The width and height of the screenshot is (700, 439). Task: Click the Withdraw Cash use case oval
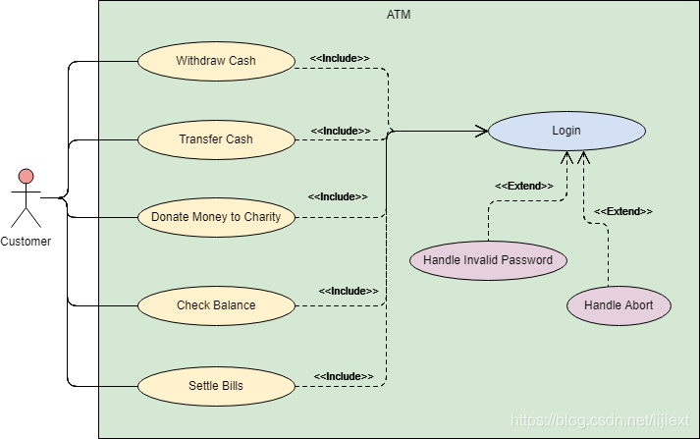(216, 61)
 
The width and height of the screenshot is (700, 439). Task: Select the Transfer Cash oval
(216, 139)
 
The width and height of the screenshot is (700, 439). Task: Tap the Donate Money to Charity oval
(216, 217)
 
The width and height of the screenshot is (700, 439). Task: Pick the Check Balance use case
(216, 305)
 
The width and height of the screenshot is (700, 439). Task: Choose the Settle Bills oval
(216, 386)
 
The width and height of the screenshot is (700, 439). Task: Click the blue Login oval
(566, 131)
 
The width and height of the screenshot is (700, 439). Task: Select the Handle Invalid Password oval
(488, 260)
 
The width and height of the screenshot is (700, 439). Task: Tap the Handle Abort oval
(619, 305)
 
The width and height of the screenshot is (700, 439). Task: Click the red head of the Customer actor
(26, 177)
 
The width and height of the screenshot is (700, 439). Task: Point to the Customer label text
(26, 242)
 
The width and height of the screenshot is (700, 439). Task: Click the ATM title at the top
(399, 15)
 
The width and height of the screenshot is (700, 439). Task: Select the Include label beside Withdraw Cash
(340, 59)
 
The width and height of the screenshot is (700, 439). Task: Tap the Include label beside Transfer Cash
(341, 131)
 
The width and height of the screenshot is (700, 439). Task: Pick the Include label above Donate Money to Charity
(338, 197)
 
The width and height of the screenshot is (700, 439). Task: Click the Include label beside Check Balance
(349, 291)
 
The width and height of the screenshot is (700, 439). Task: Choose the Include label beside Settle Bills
(344, 376)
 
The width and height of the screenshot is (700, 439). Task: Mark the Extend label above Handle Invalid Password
(524, 186)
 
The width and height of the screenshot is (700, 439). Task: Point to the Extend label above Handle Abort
(623, 211)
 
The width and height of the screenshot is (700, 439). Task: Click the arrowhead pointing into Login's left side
(482, 132)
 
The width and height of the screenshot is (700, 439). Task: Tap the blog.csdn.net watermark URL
(600, 420)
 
